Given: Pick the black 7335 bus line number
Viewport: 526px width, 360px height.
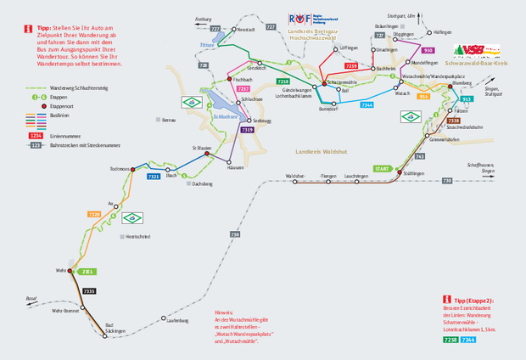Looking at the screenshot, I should coord(89,291).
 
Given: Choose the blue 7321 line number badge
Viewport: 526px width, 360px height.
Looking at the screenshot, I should coord(154,176).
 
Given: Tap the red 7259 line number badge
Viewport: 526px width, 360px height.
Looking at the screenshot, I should coord(351,65).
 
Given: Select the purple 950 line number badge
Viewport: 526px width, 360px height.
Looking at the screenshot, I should coord(428,51).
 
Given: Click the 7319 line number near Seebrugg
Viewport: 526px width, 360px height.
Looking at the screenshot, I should coord(248,130).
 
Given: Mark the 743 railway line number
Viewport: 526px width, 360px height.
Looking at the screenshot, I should coord(420,157).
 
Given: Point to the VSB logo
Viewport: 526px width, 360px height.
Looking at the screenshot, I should coord(473,50).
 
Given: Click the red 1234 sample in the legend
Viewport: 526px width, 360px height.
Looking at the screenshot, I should coord(36,136).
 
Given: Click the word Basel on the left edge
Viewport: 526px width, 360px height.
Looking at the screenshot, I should coord(31,299).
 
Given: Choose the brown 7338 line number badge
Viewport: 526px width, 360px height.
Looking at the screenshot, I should coord(453,121).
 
